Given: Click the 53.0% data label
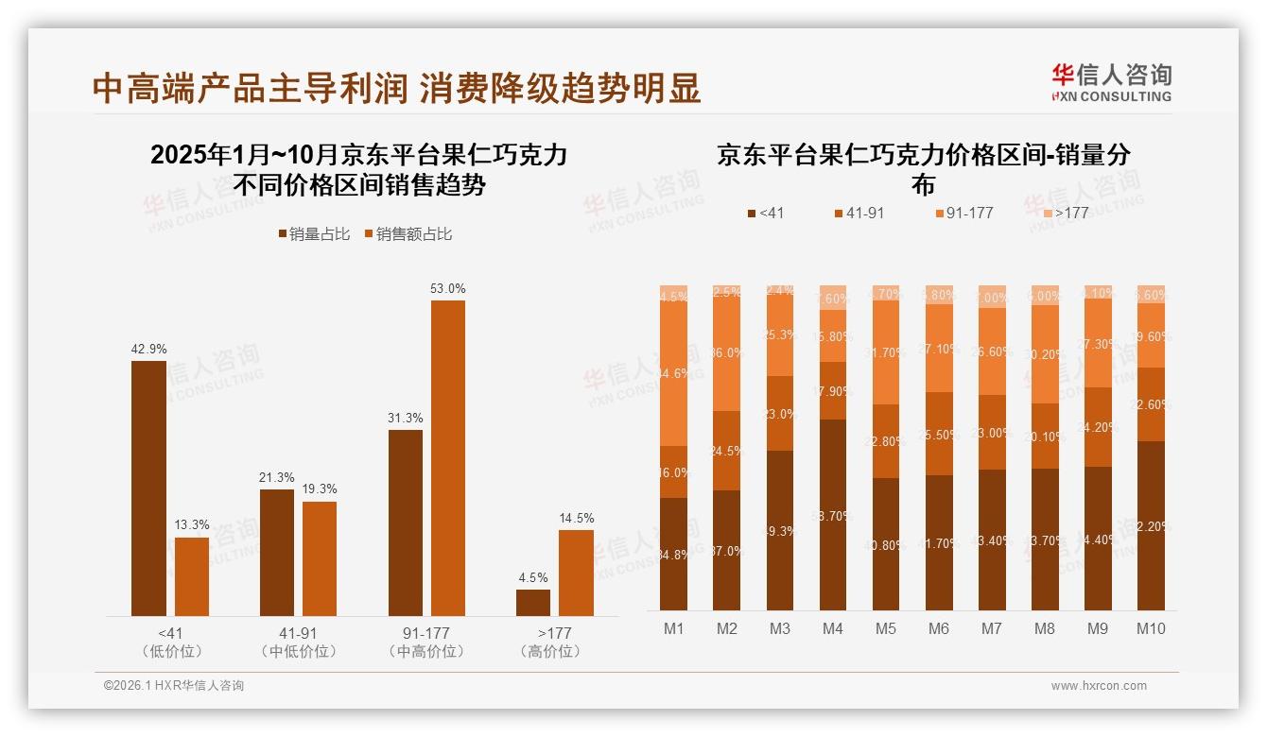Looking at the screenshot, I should click(x=448, y=288).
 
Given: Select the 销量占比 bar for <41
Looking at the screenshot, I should click(x=148, y=488).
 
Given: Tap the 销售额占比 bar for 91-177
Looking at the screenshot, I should click(x=448, y=457).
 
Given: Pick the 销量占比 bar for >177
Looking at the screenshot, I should click(x=533, y=602).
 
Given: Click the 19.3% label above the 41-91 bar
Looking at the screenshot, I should click(x=320, y=489).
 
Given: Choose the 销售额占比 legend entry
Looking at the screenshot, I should click(x=408, y=234).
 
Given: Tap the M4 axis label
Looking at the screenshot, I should click(x=833, y=628).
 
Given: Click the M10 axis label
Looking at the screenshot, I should click(x=1151, y=628).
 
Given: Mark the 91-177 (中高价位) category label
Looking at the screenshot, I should click(x=426, y=642).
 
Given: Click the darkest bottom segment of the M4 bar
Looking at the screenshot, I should click(x=833, y=515).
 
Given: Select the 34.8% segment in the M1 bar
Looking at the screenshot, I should click(x=674, y=553).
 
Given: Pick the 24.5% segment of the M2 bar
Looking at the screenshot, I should click(x=727, y=451).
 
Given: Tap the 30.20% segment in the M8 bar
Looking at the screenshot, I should click(x=1045, y=354).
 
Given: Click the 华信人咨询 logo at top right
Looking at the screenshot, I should click(x=1111, y=82).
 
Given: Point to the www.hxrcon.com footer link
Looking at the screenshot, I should click(x=1099, y=686).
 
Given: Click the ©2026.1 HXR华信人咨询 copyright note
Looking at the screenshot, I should click(x=174, y=686).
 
